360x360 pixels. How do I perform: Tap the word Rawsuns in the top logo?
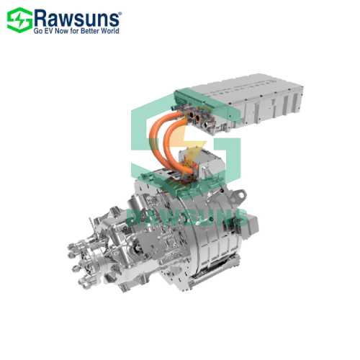point(78,16)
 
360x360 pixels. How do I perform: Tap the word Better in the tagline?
point(94,30)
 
